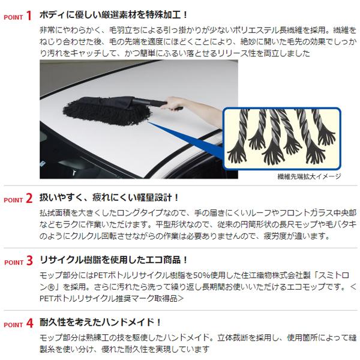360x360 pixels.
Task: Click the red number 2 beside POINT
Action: coord(28,199)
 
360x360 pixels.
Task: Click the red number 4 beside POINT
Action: coord(28,323)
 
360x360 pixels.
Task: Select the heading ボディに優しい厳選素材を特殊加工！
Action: coord(115,13)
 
